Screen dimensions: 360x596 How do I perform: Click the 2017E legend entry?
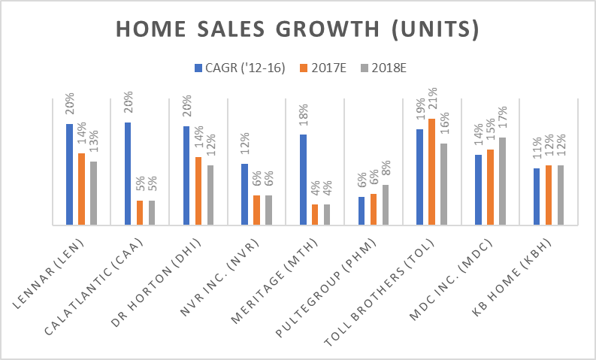[323, 68]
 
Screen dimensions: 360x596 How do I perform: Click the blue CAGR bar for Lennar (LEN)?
[69, 174]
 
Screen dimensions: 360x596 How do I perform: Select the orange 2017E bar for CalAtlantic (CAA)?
[140, 213]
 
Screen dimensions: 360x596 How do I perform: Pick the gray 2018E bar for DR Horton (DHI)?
[210, 195]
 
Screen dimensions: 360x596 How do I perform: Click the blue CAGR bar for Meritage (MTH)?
[303, 180]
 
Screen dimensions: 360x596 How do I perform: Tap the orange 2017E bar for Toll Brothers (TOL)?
[431, 171]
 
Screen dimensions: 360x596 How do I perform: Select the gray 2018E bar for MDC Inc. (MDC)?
[502, 181]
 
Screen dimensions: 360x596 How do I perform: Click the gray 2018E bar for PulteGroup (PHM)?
[386, 204]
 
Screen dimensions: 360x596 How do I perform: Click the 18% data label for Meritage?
[303, 119]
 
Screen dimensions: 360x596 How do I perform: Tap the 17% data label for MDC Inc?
[502, 122]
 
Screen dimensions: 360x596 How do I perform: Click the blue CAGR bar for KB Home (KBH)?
[537, 196]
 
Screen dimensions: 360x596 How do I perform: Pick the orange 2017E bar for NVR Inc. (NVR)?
[257, 210]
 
